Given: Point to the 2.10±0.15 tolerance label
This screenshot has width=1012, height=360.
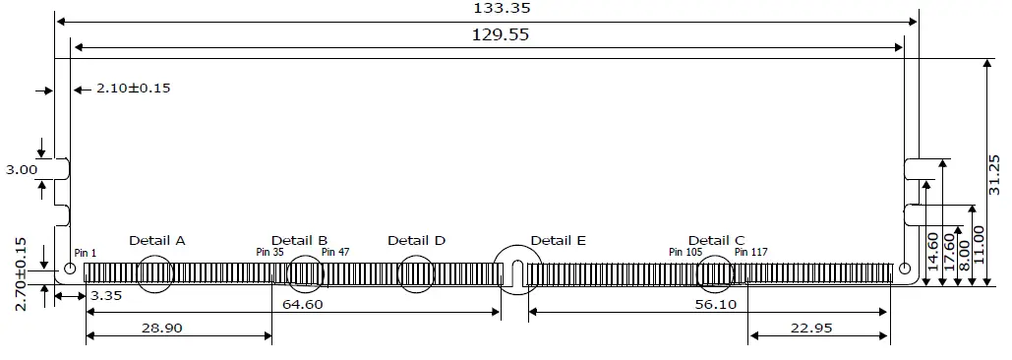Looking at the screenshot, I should [x=133, y=89].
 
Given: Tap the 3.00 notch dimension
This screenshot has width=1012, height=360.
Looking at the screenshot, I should [x=21, y=170].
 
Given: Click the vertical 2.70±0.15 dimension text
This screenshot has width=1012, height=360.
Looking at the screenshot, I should [x=21, y=273].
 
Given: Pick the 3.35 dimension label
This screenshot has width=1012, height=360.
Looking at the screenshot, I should [x=106, y=295].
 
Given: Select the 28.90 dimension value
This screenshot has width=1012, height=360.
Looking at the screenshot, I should [x=160, y=328].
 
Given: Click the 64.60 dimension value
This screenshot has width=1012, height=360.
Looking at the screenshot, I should [x=301, y=304].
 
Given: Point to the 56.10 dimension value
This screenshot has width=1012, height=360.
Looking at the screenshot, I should [x=714, y=304].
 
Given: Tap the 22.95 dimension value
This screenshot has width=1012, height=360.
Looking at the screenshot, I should [x=811, y=328].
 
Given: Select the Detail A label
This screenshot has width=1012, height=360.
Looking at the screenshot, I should [x=157, y=240].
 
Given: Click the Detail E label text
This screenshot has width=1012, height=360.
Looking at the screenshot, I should [x=558, y=240].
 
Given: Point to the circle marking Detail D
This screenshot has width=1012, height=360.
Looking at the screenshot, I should [x=416, y=273].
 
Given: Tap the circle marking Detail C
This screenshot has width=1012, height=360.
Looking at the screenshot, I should [x=715, y=273].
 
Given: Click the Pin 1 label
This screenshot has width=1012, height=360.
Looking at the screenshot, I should [x=86, y=253].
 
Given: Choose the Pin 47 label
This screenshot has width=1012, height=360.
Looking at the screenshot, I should [x=335, y=253].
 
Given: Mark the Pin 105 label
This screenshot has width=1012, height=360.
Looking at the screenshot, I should [x=685, y=253].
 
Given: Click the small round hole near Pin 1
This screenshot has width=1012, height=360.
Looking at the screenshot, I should [x=70, y=269].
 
